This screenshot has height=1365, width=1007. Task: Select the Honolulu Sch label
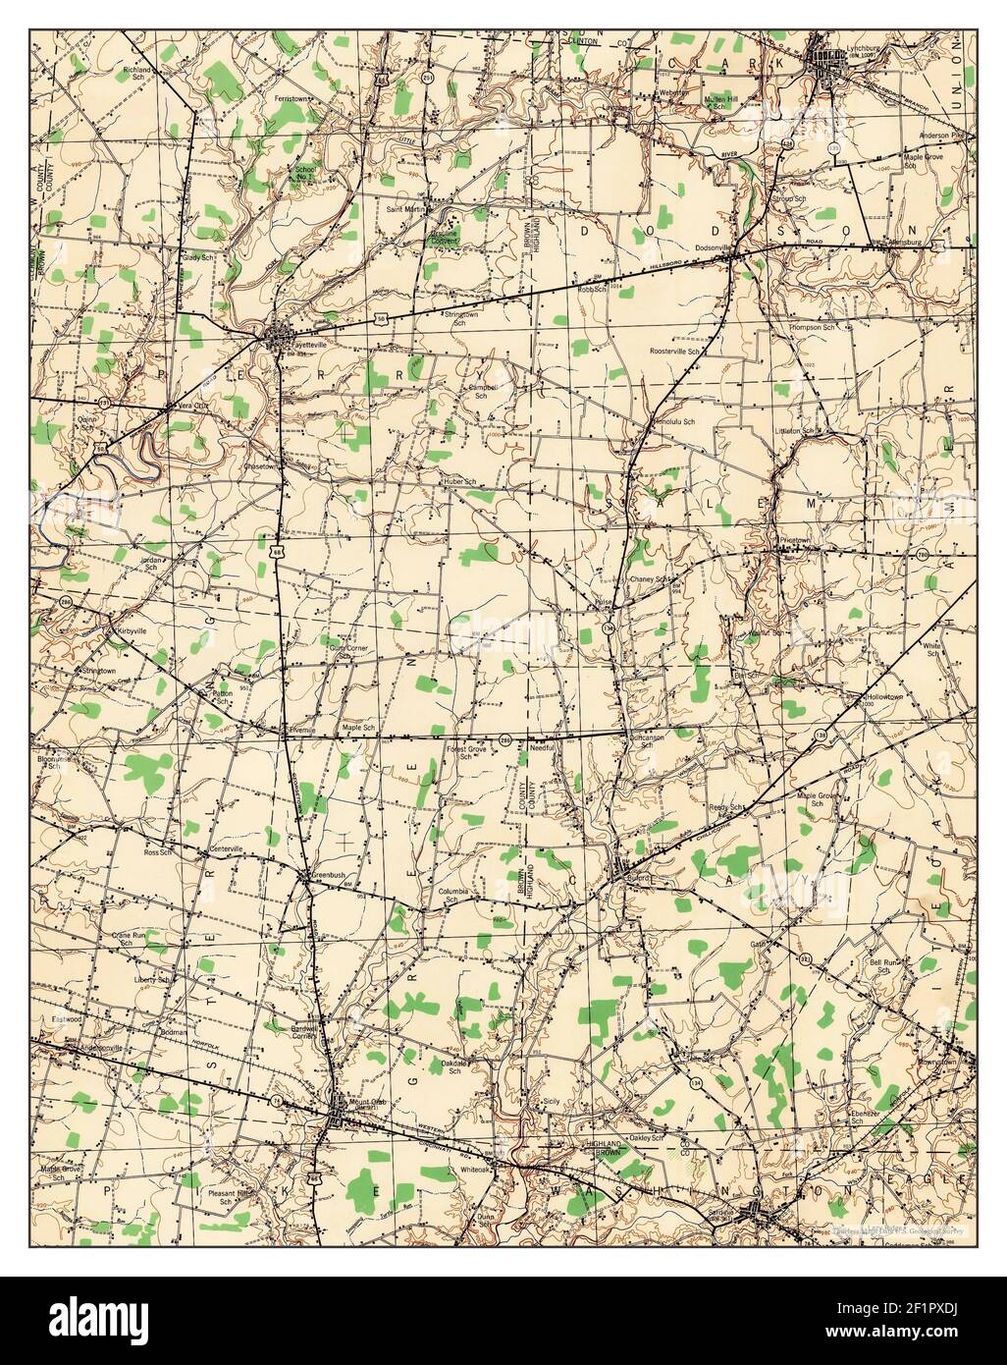[x=674, y=421]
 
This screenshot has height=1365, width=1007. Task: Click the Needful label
[x=541, y=748]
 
